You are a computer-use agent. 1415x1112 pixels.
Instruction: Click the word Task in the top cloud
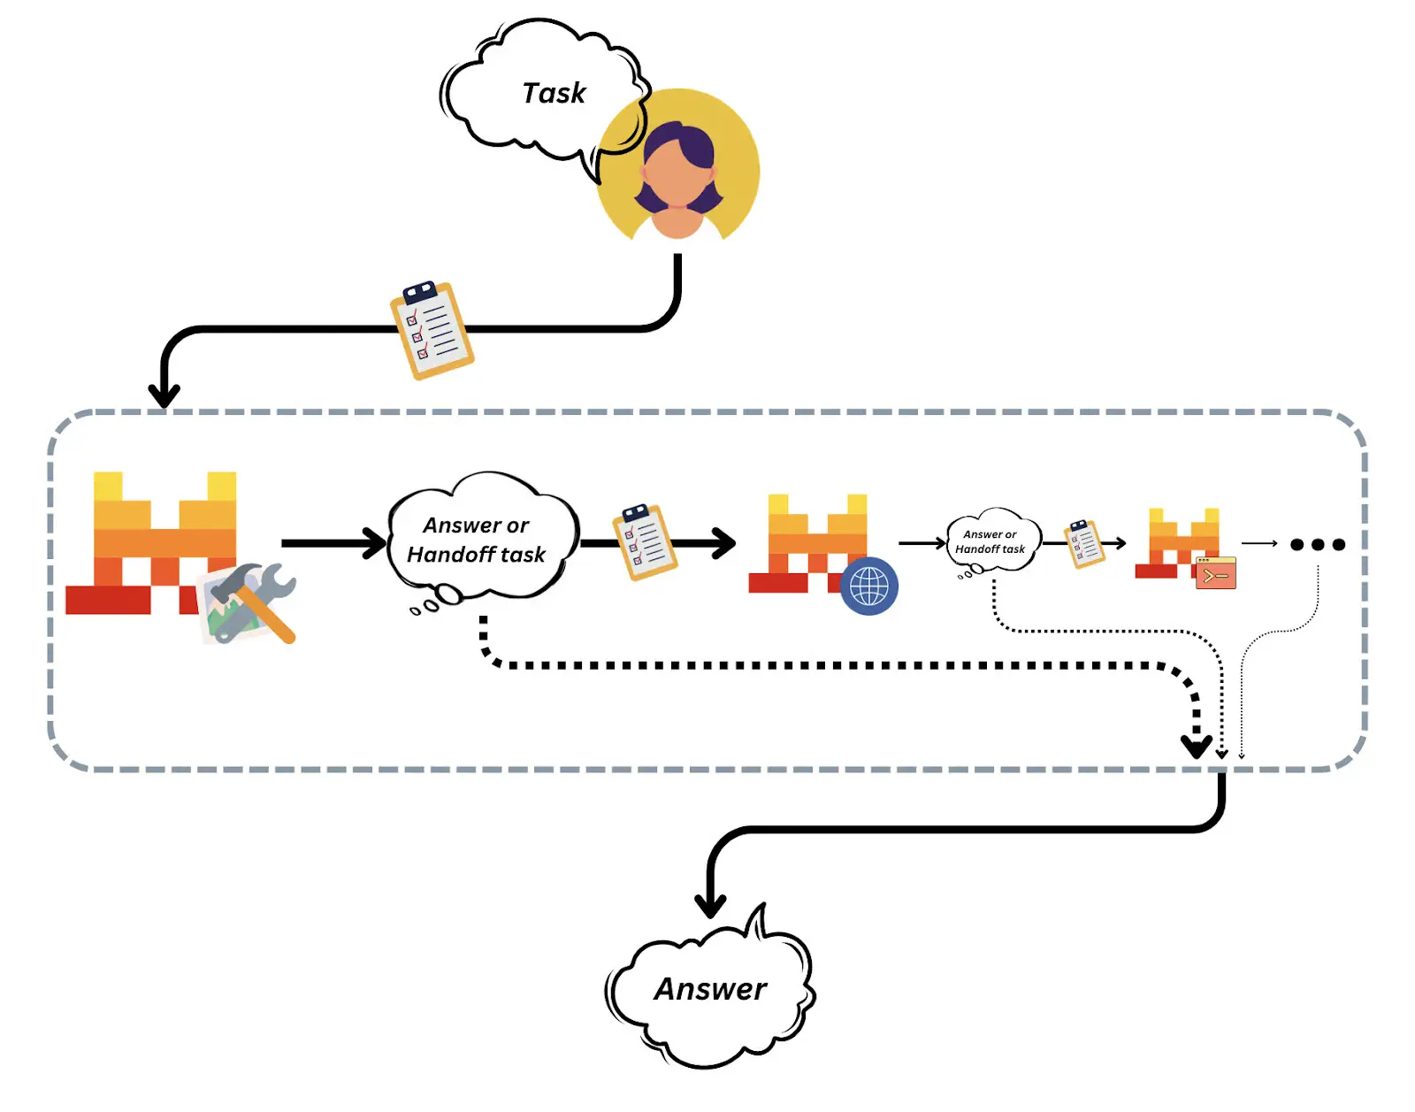coord(554,93)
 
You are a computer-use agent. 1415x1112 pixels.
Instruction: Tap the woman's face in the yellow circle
coord(677,173)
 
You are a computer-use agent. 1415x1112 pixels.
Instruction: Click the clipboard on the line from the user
coord(432,330)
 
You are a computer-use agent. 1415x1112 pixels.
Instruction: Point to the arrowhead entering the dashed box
coord(164,395)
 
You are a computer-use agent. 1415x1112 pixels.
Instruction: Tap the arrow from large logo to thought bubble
coord(332,542)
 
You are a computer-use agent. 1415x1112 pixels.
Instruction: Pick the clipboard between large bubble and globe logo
coord(645,542)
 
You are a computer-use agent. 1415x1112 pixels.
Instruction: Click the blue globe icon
coord(868,586)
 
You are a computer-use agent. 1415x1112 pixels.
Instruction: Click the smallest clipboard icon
coord(1084,542)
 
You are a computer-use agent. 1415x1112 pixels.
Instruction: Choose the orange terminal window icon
coord(1215,573)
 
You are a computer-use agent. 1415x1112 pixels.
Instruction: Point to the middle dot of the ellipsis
coord(1318,544)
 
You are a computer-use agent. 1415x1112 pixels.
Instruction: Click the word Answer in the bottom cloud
coord(710,989)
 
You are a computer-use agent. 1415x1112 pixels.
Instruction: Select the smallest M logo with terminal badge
coord(1181,542)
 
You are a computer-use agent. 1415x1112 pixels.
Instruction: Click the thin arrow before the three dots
coord(1259,543)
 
